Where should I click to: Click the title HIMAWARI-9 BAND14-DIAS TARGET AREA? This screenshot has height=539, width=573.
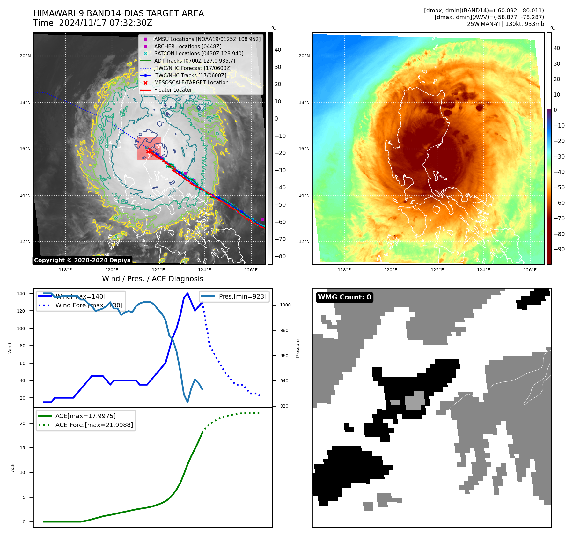point(118,13)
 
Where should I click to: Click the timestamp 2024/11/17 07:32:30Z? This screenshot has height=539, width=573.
point(106,23)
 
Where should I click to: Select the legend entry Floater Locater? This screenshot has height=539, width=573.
point(173,90)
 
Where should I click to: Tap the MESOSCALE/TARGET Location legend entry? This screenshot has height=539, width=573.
point(191,83)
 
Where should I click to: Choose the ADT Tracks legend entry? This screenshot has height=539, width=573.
point(195,61)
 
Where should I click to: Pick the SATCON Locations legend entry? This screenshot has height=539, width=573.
point(198,54)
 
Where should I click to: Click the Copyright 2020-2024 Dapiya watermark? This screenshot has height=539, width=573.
point(82,260)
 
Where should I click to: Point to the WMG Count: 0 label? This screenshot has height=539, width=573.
point(344,297)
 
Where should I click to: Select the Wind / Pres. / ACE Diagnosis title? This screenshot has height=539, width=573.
point(152,279)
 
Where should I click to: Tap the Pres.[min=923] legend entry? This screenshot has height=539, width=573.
point(242,296)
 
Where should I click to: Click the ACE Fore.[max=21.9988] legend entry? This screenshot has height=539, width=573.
point(94,425)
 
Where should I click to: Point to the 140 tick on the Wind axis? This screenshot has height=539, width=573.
point(21,294)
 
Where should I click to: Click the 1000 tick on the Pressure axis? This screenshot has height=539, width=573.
point(285,305)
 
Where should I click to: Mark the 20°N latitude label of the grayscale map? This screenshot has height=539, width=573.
point(25,56)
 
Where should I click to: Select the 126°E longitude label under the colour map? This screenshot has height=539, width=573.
point(530,270)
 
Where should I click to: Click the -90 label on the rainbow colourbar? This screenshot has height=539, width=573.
point(559,249)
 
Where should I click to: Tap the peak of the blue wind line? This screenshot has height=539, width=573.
point(187,293)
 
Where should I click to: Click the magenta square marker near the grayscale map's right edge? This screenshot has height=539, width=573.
point(262,219)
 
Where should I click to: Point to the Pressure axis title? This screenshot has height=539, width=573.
point(298,348)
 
